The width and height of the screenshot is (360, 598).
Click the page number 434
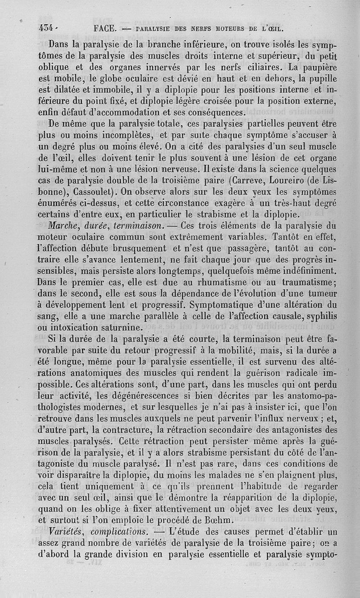click(x=46, y=28)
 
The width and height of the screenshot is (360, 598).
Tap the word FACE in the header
click(x=105, y=28)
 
